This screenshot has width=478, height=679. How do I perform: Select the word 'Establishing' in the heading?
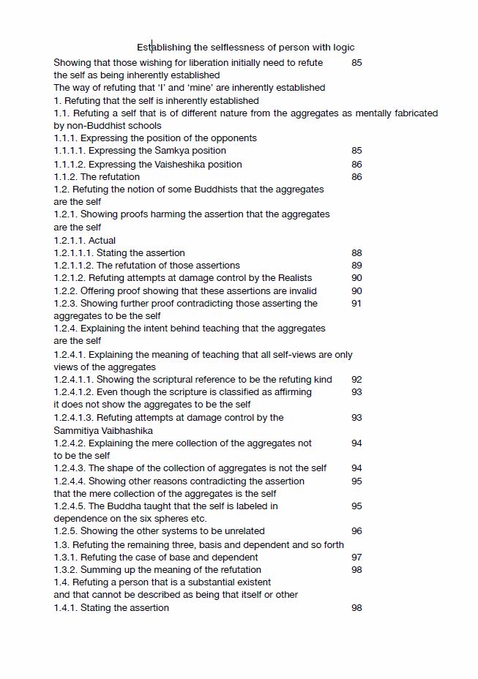click(163, 48)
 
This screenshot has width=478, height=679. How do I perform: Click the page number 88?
click(356, 253)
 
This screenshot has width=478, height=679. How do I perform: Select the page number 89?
click(356, 266)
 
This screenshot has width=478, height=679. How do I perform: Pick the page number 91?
click(356, 304)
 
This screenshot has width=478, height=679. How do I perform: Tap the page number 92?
click(356, 380)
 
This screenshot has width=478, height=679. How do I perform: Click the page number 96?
click(356, 531)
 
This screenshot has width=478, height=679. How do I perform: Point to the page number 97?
click(356, 558)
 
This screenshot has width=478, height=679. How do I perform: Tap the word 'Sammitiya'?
click(77, 431)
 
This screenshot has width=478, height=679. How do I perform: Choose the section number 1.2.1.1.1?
click(73, 253)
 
